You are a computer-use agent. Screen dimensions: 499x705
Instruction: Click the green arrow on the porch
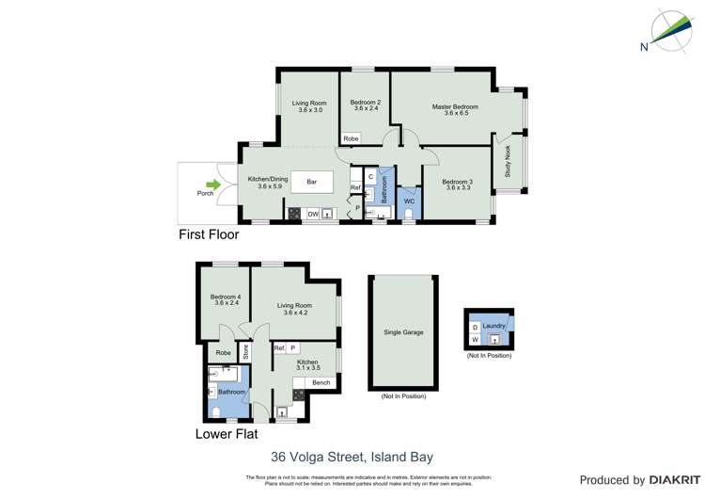(x=214, y=185)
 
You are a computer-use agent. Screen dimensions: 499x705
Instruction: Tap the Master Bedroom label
(x=455, y=107)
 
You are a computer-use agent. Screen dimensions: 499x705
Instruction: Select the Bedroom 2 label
(x=366, y=103)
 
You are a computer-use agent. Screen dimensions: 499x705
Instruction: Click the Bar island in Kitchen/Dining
(x=312, y=181)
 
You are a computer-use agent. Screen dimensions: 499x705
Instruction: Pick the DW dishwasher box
(x=312, y=214)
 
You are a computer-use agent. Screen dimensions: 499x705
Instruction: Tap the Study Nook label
(x=509, y=164)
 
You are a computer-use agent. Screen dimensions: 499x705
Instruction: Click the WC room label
(x=409, y=201)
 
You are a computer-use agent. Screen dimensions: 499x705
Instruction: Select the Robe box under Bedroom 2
(x=351, y=138)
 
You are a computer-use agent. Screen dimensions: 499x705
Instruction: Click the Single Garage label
(x=403, y=332)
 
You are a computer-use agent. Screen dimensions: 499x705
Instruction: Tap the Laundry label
(x=494, y=327)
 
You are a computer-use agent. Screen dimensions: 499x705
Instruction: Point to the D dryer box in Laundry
(x=475, y=328)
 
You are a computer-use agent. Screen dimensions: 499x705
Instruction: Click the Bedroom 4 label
(x=226, y=299)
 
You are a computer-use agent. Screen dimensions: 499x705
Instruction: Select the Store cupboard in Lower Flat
(x=245, y=352)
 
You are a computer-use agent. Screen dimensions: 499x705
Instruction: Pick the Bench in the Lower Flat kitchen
(x=321, y=382)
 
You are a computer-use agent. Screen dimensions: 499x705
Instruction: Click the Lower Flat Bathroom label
(x=231, y=392)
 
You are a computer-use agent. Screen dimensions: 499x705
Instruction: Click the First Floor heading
(x=209, y=234)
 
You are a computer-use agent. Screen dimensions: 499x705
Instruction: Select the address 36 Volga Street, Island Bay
(x=352, y=457)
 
